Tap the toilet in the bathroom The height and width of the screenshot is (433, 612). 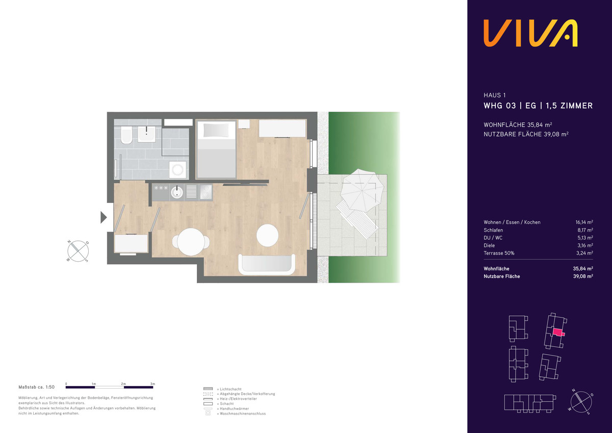coord(126,135)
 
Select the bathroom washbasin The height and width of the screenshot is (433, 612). coord(146,134)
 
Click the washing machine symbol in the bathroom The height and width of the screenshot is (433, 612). coord(177,170)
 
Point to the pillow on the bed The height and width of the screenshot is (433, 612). coord(216,130)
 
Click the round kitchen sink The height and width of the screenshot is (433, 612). coord(177,192)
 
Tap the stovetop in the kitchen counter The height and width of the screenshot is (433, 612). coord(206,192)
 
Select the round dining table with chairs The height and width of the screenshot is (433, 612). coord(191,242)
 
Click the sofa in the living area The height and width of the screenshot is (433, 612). coord(267,264)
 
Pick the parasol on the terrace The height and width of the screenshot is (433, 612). coord(362,190)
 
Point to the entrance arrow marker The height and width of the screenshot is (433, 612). coord(103,217)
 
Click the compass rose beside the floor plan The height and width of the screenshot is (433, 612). coord(78,251)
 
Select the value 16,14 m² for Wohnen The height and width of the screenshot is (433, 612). coord(584,222)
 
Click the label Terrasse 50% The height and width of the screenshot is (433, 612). coord(499,253)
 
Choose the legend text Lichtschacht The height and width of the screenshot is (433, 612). coord(231,389)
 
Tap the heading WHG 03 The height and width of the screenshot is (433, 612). coord(500,106)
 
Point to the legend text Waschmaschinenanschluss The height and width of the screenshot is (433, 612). coord(243,414)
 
